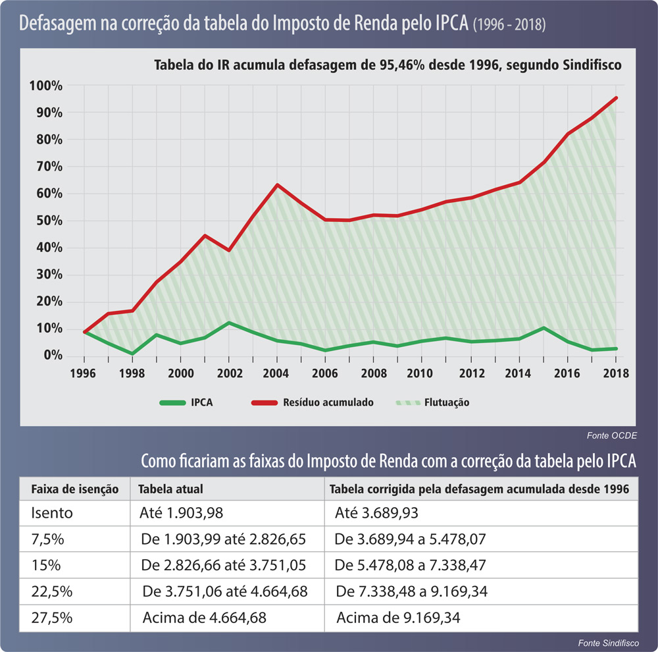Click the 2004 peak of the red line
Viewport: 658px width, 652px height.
coord(277,184)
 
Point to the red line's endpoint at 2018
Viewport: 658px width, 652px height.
coord(616,97)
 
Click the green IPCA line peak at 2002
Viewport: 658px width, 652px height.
coord(229,323)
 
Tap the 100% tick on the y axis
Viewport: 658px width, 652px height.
coord(45,86)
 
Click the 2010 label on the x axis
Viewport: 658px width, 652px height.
coord(422,373)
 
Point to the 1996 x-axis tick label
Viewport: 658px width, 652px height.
coord(84,373)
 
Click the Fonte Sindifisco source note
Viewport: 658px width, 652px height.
coord(605,642)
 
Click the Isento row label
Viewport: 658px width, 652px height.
coord(50,512)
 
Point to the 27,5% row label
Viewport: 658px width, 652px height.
coord(48,618)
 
